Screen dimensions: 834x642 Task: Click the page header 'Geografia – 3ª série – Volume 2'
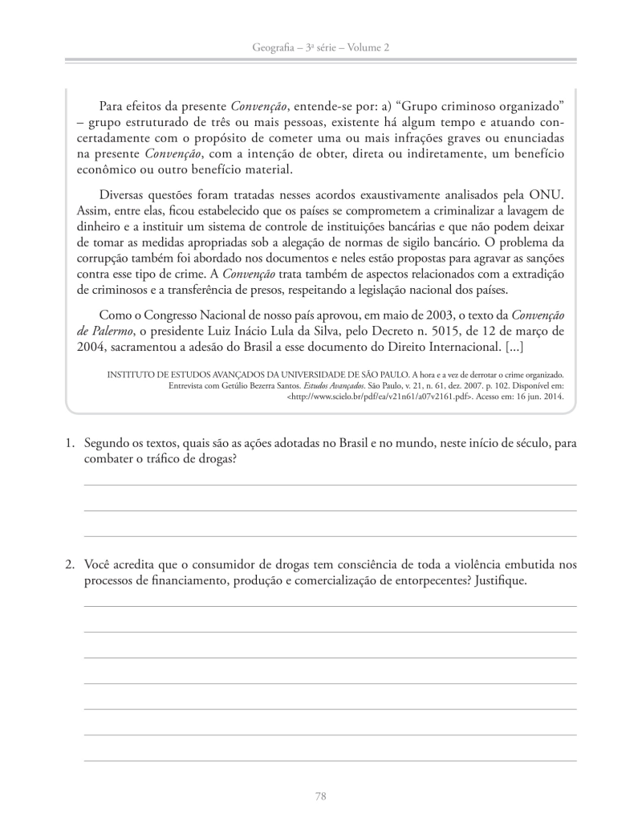pos(320,48)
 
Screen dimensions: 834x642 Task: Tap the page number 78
pos(320,796)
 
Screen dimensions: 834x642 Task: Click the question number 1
pos(71,442)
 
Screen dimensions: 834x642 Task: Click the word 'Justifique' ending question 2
pos(500,580)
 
